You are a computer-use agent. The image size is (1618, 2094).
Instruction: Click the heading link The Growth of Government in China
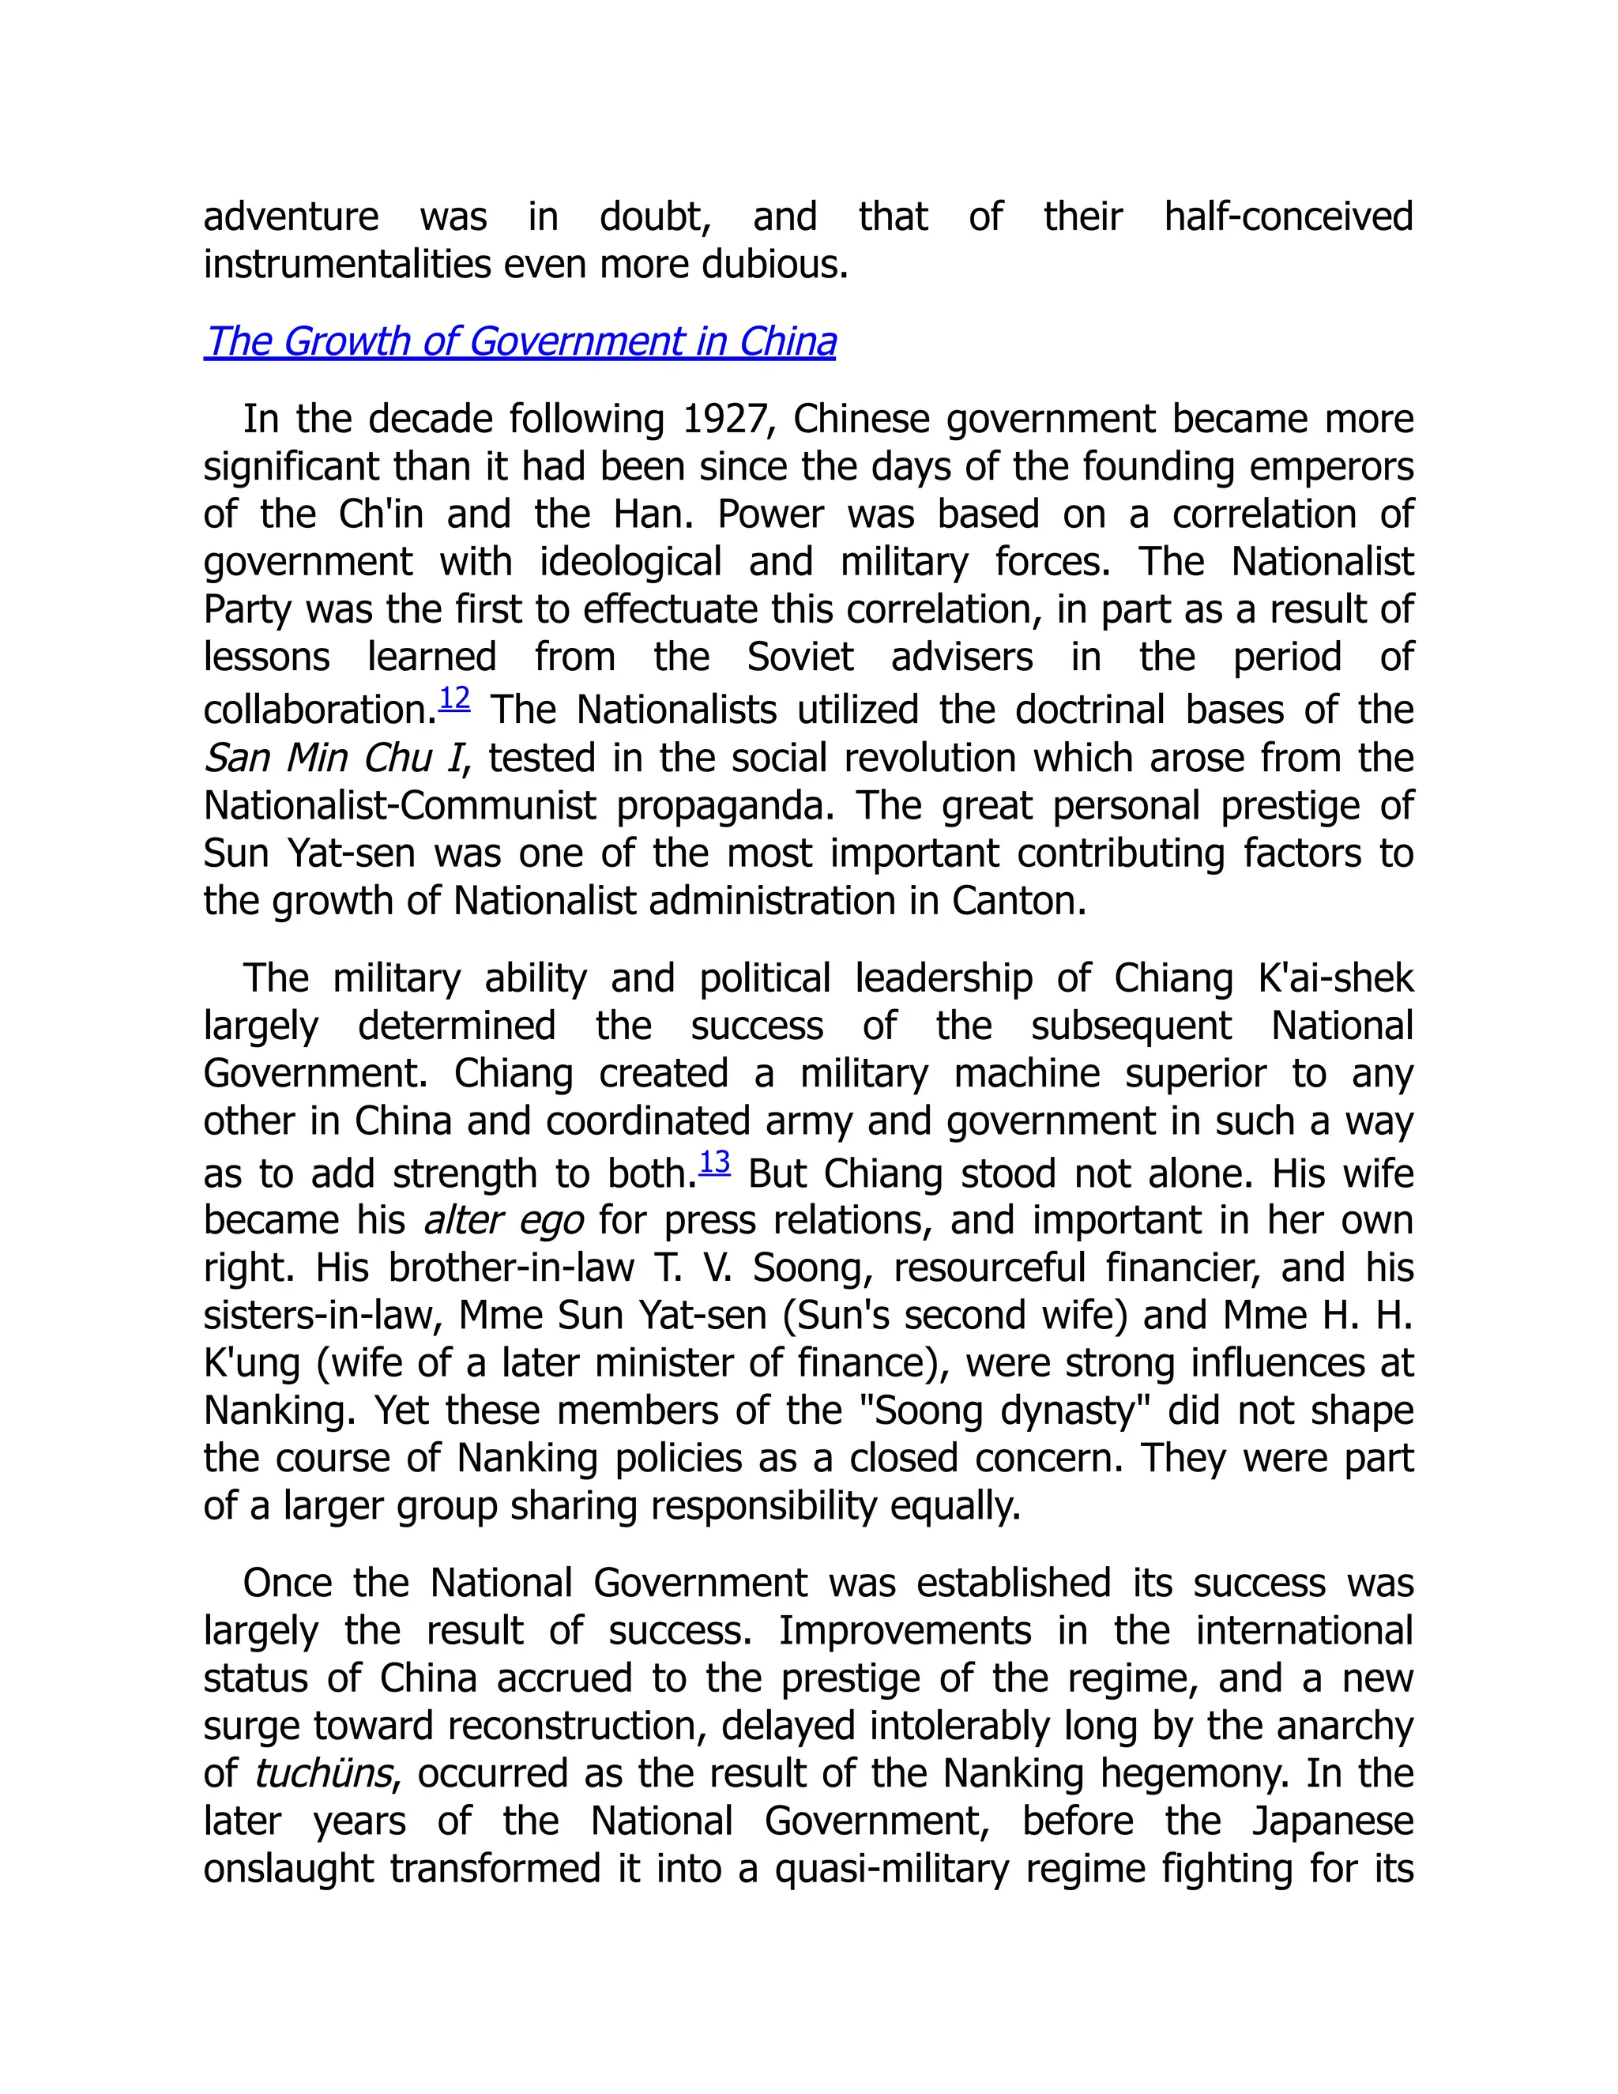pyautogui.click(x=520, y=342)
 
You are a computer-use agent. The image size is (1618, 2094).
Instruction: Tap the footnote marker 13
pyautogui.click(x=714, y=1162)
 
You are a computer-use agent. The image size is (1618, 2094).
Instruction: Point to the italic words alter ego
pyautogui.click(x=503, y=1221)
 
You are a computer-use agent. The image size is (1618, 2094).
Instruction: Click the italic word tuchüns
pyautogui.click(x=323, y=1774)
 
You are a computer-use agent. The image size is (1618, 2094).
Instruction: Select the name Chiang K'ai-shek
pyautogui.click(x=1263, y=979)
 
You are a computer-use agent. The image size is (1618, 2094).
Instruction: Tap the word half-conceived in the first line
pyautogui.click(x=1289, y=217)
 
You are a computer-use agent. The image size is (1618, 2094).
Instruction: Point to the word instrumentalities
pyautogui.click(x=347, y=265)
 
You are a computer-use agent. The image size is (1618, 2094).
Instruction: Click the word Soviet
pyautogui.click(x=800, y=657)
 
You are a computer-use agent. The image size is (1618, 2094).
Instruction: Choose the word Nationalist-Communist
pyautogui.click(x=400, y=806)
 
